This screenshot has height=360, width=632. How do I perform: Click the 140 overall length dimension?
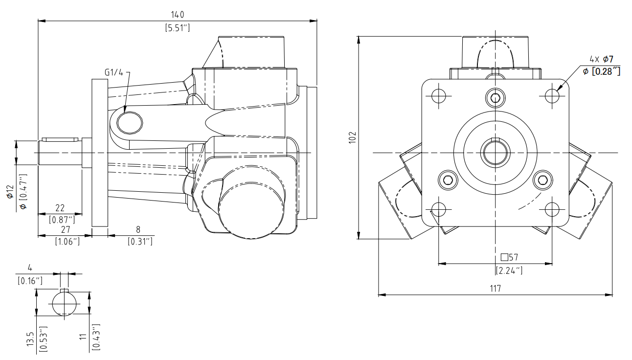pos(177,15)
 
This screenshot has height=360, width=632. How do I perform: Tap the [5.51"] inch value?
pos(177,28)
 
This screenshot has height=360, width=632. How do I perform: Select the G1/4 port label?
pos(113,72)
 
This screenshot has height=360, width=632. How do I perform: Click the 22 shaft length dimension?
pos(61,208)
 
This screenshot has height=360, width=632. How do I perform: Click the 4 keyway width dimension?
pos(29,268)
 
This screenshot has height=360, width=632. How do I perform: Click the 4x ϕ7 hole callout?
pos(601,59)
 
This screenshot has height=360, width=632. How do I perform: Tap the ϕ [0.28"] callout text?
pos(601,71)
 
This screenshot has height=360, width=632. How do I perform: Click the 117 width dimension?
pos(495,289)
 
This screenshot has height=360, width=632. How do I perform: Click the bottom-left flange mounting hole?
pos(439,209)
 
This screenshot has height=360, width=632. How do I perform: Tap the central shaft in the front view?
pos(496,153)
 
